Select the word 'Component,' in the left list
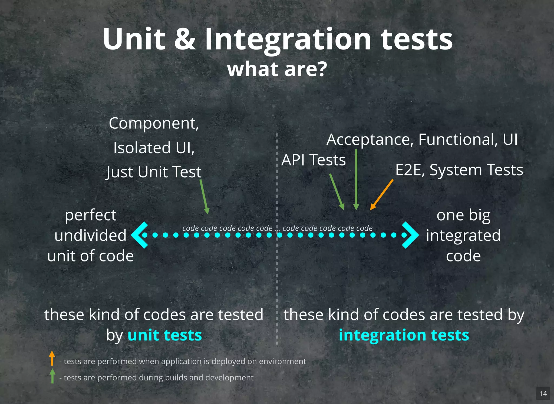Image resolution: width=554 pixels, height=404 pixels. click(154, 123)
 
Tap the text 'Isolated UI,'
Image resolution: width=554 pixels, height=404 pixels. click(154, 148)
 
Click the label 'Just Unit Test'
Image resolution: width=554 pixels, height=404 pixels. click(154, 172)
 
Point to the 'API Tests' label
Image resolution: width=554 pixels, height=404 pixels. click(313, 160)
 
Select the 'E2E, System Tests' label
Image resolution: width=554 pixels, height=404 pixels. click(459, 170)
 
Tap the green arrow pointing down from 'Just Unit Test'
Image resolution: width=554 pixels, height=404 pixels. click(204, 197)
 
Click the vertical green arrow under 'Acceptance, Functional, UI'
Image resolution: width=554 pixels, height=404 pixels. click(356, 180)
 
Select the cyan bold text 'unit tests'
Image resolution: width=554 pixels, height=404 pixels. click(164, 335)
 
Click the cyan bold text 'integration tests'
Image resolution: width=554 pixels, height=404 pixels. click(404, 335)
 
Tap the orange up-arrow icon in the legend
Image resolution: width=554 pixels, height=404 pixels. click(52, 358)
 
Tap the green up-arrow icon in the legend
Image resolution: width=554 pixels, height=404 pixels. click(52, 376)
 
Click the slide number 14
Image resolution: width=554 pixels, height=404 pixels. click(543, 393)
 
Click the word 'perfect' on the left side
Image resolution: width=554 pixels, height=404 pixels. click(91, 215)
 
